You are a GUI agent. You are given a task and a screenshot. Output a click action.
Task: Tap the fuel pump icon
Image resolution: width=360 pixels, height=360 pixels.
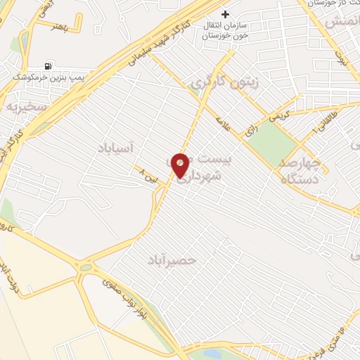tap(48, 66)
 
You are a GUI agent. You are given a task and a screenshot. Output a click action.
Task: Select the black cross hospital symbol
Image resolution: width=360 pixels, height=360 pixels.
tap(225, 14)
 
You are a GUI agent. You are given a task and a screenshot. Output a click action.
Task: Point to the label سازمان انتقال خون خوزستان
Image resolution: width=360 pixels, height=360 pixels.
tap(235, 30)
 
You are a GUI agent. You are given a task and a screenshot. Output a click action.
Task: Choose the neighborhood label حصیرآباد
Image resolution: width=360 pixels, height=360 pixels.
tap(171, 260)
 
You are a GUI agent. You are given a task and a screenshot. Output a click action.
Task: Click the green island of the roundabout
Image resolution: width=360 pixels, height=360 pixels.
tap(85, 267)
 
